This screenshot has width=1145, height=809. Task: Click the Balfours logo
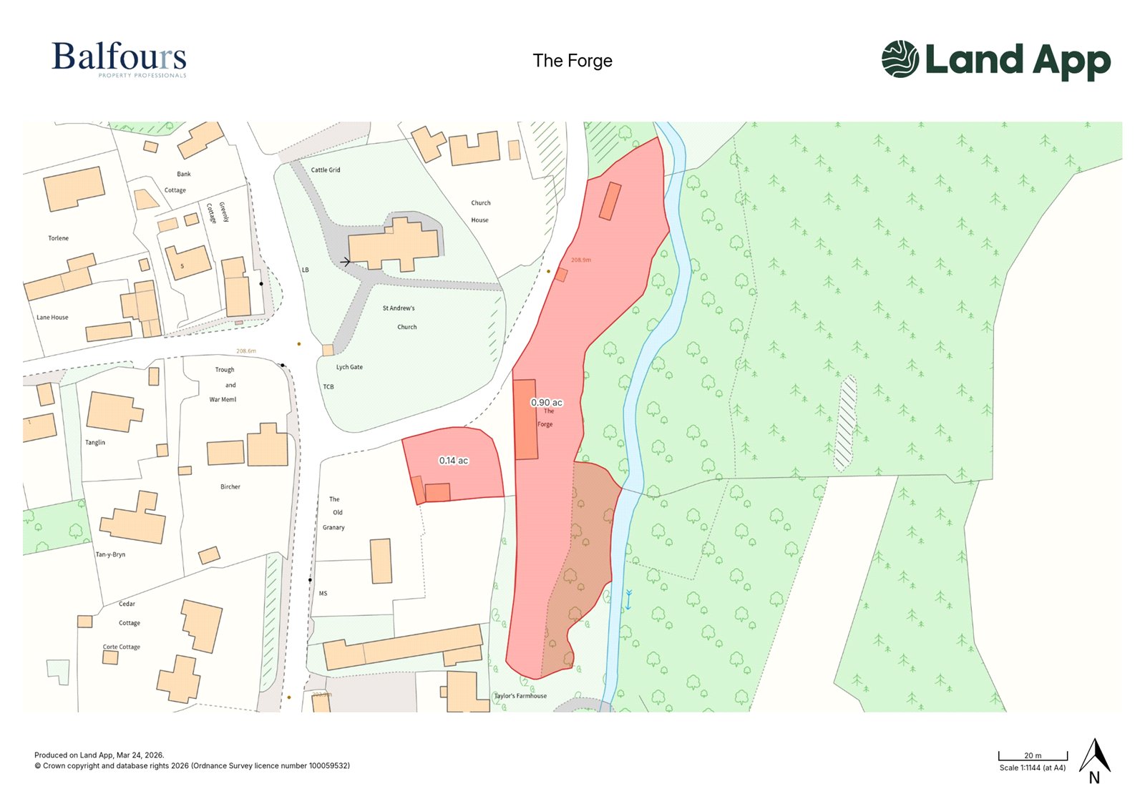click(x=119, y=59)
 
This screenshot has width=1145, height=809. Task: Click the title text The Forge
click(x=572, y=61)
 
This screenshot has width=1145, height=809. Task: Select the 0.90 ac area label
click(x=546, y=403)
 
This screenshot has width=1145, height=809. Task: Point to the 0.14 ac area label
click(x=454, y=461)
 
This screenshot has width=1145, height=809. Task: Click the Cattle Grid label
click(x=326, y=170)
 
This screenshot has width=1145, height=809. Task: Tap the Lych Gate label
click(x=349, y=367)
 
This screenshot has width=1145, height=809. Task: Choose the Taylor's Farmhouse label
click(x=520, y=696)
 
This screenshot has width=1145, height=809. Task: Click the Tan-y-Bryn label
click(x=110, y=554)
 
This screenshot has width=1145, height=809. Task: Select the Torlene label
click(x=59, y=238)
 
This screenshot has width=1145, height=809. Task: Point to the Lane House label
click(x=52, y=318)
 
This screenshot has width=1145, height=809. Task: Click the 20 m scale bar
click(x=1033, y=756)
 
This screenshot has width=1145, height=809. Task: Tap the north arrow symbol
click(x=1094, y=760)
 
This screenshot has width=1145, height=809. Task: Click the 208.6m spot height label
click(x=246, y=351)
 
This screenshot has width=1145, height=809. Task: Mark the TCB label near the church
click(x=328, y=387)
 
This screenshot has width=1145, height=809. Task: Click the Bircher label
click(x=230, y=487)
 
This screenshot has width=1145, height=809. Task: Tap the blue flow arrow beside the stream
click(x=628, y=599)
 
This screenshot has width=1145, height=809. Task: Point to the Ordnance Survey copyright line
click(x=192, y=766)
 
